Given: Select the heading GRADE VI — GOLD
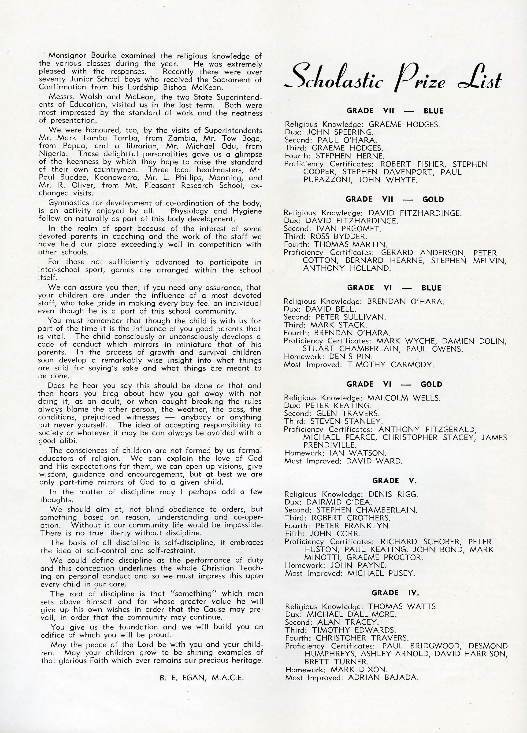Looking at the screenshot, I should pos(394,384).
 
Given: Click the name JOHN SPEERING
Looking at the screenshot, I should pos(340,132).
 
